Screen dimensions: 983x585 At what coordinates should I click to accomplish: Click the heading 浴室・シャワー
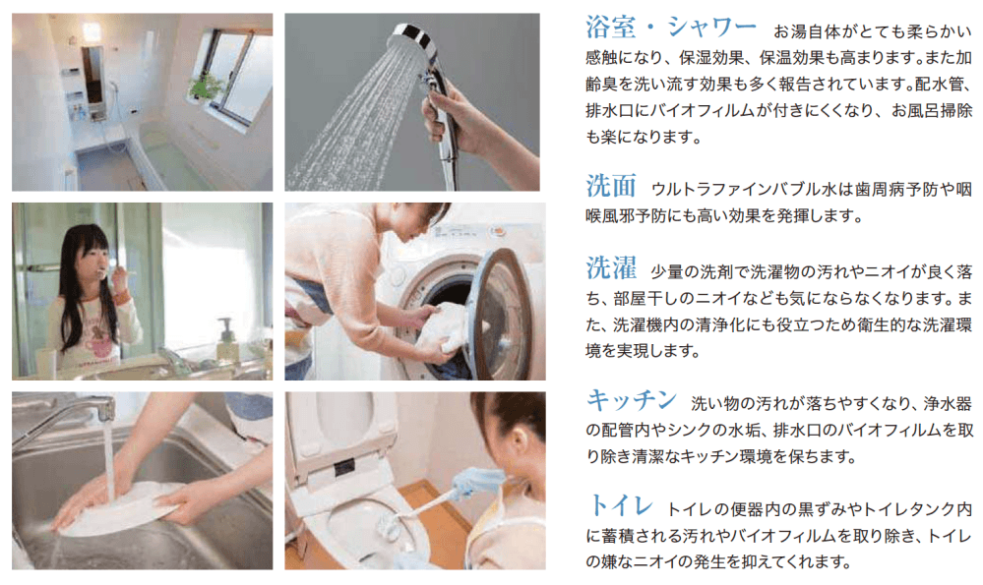coord(671,28)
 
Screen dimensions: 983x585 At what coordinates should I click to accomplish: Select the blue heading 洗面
coord(611,186)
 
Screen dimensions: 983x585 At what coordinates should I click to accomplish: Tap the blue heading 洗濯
coord(611,268)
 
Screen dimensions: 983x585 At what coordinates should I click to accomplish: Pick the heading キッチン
coord(632,399)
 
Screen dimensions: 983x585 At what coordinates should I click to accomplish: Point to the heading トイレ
coord(621,504)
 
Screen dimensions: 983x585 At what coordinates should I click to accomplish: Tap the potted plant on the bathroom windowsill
coord(205,86)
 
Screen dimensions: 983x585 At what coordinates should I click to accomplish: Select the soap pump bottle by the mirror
coord(226,339)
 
